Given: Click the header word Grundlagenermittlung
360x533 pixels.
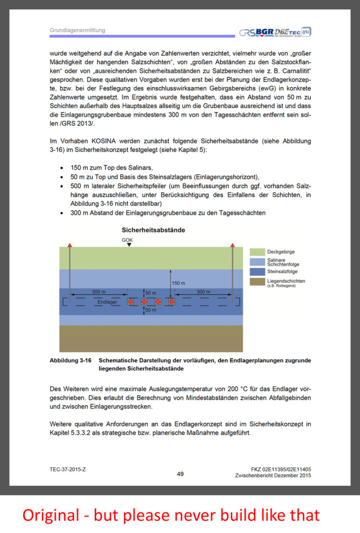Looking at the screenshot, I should (77, 30).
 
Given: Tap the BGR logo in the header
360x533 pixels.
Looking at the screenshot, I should (265, 32).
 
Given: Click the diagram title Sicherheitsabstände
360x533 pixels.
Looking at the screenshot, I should (153, 230).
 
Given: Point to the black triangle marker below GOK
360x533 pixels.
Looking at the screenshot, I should (129, 245).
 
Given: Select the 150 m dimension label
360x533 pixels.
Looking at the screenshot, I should (178, 283).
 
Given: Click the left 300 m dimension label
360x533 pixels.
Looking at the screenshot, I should (99, 292).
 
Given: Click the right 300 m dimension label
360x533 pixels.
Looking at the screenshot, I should (203, 292).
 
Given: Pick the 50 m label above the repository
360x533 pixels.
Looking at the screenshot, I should (151, 293).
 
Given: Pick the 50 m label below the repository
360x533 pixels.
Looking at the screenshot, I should (151, 310).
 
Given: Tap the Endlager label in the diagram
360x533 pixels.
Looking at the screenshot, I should (107, 302).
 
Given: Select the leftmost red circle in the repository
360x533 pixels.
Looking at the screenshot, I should (131, 302).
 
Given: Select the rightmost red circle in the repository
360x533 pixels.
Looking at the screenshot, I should (171, 302).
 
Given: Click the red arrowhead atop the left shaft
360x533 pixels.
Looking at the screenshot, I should (70, 245).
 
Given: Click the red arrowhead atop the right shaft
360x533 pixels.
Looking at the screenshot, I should (232, 245).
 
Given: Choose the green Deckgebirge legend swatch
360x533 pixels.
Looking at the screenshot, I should (257, 252).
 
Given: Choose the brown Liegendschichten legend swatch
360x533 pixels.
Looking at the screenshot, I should (257, 282).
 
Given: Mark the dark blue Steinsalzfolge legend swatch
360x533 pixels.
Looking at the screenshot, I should (257, 271).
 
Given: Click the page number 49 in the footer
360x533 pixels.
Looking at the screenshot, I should (180, 474).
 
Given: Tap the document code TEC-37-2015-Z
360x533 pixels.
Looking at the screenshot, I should (68, 469).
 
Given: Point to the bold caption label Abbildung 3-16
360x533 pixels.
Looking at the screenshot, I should (70, 360).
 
